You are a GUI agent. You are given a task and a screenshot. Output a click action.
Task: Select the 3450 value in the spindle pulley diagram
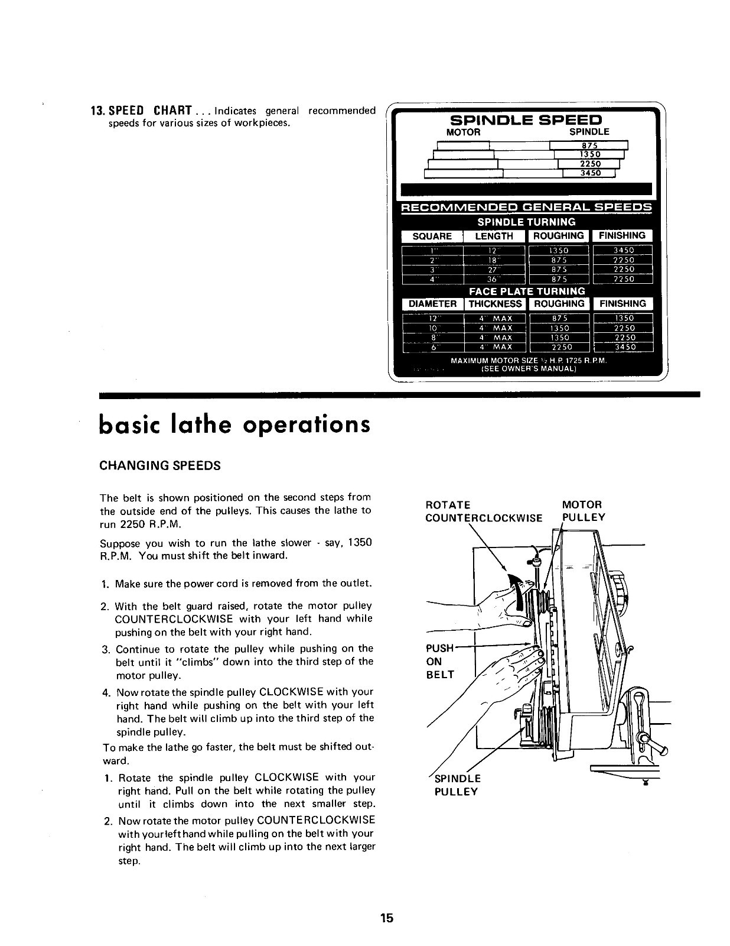pyautogui.click(x=589, y=173)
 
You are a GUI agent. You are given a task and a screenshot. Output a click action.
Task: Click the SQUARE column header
pyautogui.click(x=432, y=236)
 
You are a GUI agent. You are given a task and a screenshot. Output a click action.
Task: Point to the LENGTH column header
pyautogui.click(x=494, y=236)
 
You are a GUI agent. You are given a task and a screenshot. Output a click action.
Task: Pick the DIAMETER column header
pyautogui.click(x=433, y=304)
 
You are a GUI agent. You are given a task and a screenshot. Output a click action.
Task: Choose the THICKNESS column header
pyautogui.click(x=496, y=304)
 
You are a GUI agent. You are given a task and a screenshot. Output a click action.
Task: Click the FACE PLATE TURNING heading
pyautogui.click(x=527, y=291)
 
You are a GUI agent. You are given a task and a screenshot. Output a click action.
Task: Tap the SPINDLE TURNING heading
pyautogui.click(x=526, y=222)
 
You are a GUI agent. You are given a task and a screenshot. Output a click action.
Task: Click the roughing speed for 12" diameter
pyautogui.click(x=559, y=318)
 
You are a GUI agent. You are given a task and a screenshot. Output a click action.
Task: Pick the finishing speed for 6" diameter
pyautogui.click(x=624, y=347)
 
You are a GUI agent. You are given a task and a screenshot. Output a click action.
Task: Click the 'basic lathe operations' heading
pyautogui.click(x=235, y=424)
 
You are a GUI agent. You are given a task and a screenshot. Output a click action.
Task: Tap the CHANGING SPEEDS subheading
pyautogui.click(x=160, y=465)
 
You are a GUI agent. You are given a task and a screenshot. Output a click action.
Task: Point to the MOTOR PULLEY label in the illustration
pyautogui.click(x=583, y=511)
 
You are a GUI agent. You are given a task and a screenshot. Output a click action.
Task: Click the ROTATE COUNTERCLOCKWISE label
pyautogui.click(x=483, y=511)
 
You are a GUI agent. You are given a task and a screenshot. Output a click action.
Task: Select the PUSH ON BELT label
pyautogui.click(x=440, y=661)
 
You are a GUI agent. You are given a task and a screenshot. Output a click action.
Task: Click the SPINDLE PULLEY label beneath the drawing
pyautogui.click(x=457, y=785)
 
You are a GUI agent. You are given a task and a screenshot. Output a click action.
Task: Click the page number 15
pyautogui.click(x=387, y=918)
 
